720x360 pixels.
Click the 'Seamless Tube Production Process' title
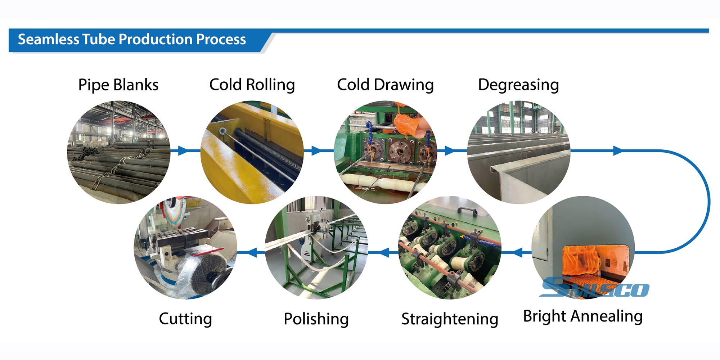click(x=132, y=39)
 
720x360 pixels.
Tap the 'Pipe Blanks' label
click(x=118, y=85)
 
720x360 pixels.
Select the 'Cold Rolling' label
click(x=252, y=85)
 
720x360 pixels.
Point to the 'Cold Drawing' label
click(x=386, y=85)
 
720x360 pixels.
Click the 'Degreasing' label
click(x=518, y=85)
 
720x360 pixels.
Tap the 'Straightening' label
click(x=450, y=319)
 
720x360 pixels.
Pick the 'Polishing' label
click(x=316, y=319)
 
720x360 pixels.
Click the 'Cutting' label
click(x=185, y=319)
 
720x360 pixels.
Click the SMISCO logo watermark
click(x=594, y=288)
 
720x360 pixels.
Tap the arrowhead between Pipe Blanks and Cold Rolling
click(x=183, y=150)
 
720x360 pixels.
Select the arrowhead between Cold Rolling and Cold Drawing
click(x=316, y=150)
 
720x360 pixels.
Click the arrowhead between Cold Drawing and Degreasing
click(x=449, y=150)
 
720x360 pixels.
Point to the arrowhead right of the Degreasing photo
click(x=618, y=150)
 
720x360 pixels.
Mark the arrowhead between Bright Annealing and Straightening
click(x=517, y=252)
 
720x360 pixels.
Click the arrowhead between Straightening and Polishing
click(x=384, y=252)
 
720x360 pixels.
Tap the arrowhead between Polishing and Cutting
click(x=252, y=252)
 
